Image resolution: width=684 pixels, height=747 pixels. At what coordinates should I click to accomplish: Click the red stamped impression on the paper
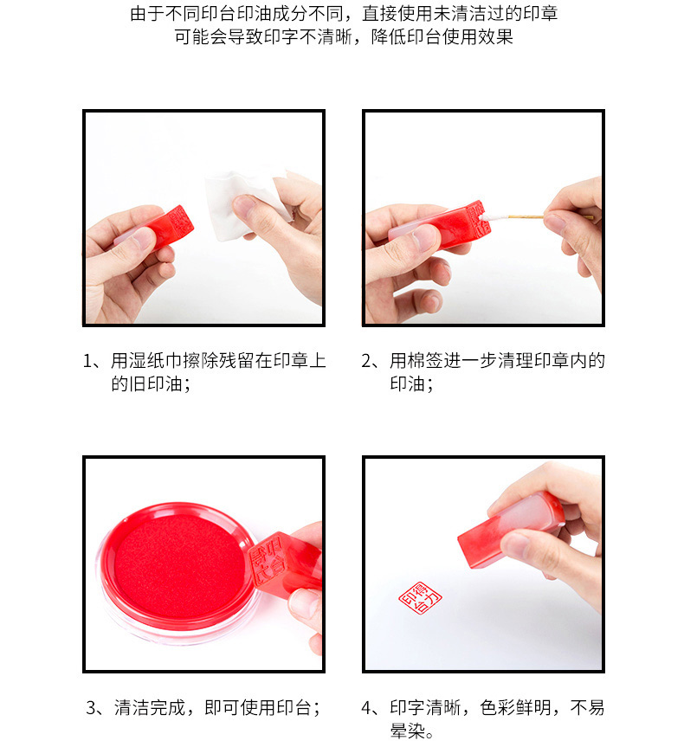[420, 597]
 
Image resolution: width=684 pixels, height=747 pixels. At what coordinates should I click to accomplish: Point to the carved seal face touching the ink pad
[268, 561]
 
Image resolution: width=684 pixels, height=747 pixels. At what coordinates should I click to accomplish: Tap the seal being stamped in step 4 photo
[510, 530]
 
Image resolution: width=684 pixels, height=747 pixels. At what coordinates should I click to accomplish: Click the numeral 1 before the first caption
[87, 361]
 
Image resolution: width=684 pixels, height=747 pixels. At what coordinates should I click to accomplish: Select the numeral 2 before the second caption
[366, 361]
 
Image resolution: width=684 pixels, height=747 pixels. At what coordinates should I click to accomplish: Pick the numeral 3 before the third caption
[92, 707]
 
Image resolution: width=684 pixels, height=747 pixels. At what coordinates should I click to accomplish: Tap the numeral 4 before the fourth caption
[366, 707]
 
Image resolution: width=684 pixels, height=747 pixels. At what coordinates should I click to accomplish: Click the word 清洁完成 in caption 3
[149, 707]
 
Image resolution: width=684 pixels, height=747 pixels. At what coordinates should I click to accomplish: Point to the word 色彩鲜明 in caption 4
[515, 707]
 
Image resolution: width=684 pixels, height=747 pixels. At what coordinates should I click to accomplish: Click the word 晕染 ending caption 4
[408, 731]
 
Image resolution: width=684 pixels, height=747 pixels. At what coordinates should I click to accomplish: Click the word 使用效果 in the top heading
[478, 36]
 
